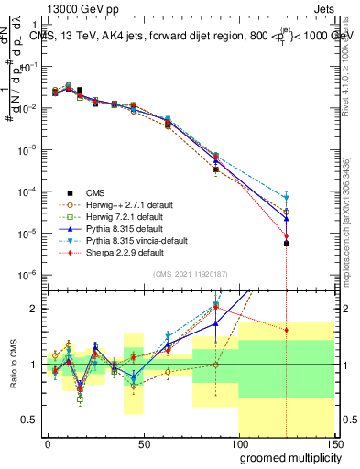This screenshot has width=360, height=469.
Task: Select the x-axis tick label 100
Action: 238,443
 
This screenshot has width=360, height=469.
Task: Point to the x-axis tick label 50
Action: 144,443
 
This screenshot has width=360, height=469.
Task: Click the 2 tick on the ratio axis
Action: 35,309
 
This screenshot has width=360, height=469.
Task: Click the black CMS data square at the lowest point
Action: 287,244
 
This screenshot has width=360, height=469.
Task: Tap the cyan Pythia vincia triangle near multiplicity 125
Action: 287,197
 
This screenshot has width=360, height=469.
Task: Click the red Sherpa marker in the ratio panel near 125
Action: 287,330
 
